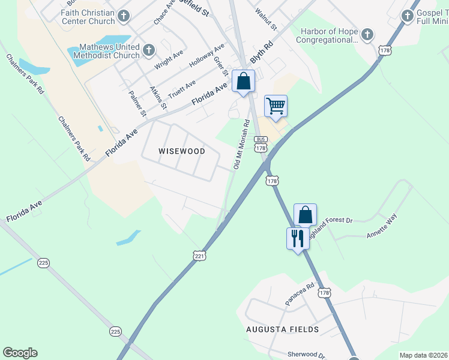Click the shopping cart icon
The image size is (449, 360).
click(x=276, y=106)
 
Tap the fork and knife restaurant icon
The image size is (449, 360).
click(x=298, y=238)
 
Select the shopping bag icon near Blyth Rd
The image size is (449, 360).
click(x=243, y=81)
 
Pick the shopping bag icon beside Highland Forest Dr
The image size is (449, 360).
click(x=305, y=214)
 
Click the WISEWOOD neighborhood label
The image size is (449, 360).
click(x=181, y=151)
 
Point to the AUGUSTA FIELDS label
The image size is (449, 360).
click(x=282, y=329)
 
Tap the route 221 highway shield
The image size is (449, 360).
click(x=200, y=256)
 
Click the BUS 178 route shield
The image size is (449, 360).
click(x=260, y=143)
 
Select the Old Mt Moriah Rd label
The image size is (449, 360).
click(x=241, y=144)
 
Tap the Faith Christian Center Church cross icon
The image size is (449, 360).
click(x=124, y=16)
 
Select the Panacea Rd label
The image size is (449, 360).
click(x=300, y=295)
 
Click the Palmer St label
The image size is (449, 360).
click(x=137, y=103)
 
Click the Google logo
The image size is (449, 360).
click(x=20, y=353)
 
